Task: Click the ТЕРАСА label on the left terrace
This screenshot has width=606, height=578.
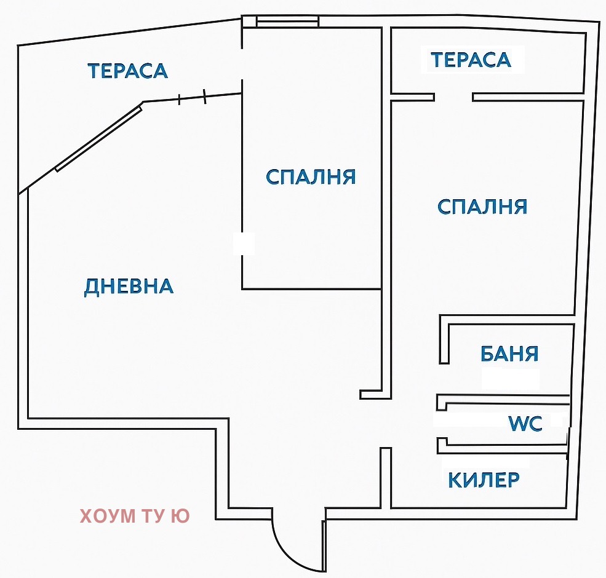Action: (127, 71)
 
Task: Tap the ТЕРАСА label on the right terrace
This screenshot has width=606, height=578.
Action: (471, 60)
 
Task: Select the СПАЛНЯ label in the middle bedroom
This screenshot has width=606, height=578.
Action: (311, 177)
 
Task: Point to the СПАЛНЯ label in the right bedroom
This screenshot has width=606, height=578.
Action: (482, 207)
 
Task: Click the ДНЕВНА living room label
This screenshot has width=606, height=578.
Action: (129, 286)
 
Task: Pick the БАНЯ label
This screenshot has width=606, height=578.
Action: (509, 354)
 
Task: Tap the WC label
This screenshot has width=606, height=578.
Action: (525, 424)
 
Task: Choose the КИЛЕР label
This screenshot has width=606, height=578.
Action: (484, 480)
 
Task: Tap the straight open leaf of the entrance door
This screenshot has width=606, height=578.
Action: (324, 544)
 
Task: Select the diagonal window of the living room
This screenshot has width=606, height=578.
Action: (98, 138)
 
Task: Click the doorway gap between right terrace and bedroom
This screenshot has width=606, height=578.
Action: (453, 97)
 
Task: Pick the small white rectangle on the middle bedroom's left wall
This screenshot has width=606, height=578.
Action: (244, 243)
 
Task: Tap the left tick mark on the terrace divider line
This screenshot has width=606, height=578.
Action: (179, 99)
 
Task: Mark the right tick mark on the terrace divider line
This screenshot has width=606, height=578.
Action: (205, 96)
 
